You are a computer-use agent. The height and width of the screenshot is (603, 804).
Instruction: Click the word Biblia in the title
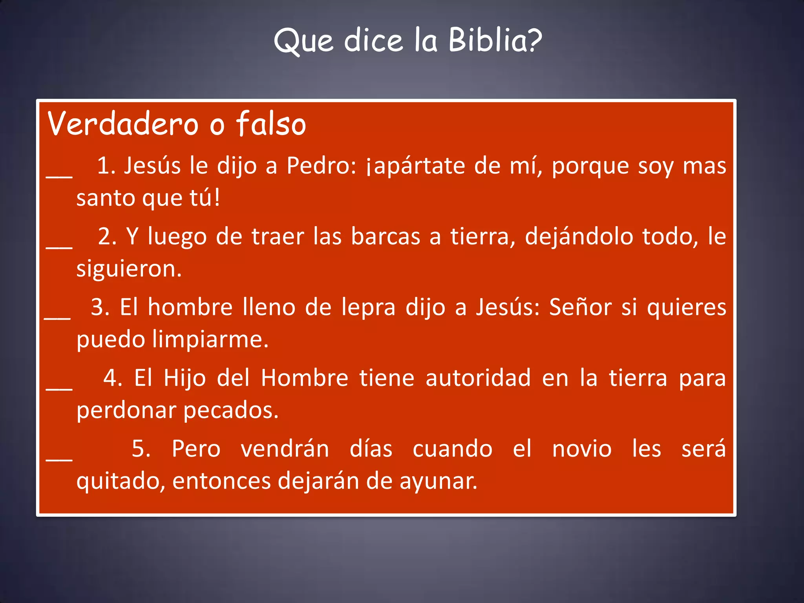(x=495, y=40)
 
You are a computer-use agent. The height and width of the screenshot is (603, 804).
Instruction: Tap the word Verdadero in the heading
(x=123, y=124)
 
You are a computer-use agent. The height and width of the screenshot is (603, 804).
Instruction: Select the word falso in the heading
(x=270, y=124)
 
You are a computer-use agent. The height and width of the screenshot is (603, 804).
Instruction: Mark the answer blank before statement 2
(x=59, y=247)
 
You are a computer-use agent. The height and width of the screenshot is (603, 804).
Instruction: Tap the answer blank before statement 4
(x=59, y=388)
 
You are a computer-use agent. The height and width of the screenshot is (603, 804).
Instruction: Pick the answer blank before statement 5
(x=59, y=459)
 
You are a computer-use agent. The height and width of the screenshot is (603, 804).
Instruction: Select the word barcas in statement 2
(x=386, y=237)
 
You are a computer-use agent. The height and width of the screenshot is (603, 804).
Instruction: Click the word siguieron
(x=129, y=269)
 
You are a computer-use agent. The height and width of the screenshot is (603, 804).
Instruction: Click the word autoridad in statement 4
(x=478, y=378)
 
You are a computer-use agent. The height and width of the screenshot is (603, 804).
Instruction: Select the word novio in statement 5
(x=582, y=449)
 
